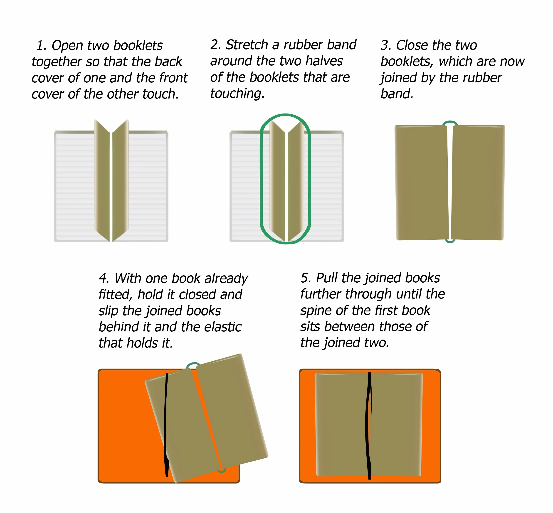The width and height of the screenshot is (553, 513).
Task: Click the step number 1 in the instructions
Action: [41, 46]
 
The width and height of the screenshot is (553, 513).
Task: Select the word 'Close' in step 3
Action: [412, 45]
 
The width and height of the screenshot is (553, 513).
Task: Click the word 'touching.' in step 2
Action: [237, 94]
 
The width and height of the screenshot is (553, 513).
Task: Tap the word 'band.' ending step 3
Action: [397, 94]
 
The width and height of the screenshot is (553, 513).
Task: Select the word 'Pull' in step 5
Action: [326, 278]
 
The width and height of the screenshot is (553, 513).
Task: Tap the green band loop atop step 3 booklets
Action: [450, 122]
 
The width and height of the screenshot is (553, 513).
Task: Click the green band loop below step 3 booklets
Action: [450, 242]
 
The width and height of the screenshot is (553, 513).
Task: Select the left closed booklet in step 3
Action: [421, 182]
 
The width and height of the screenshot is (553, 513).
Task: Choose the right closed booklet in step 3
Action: [478, 182]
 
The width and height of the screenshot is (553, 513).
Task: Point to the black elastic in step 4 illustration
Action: [166, 425]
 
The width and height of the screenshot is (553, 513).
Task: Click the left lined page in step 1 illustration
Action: [75, 186]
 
